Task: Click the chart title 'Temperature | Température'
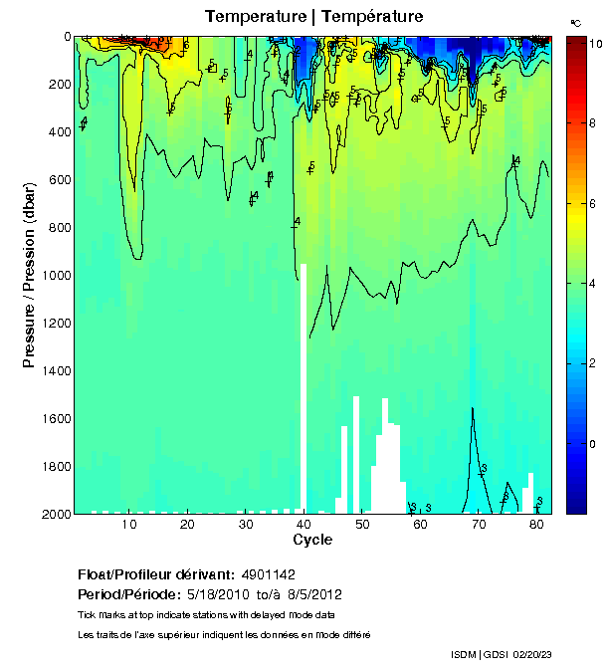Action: coord(313,17)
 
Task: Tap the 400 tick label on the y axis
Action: coord(58,132)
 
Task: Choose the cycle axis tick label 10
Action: coord(128,525)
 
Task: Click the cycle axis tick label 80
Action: coord(537,525)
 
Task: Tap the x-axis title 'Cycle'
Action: coord(312,540)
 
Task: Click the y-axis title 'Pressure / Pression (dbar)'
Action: coord(29,275)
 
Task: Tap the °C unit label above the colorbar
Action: coord(575,21)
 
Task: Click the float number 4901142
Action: coord(269,575)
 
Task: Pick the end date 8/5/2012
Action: coord(314,595)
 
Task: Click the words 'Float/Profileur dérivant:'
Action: coord(155,575)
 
